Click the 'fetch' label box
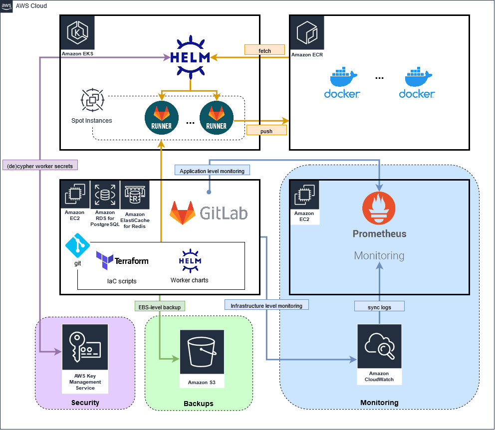(x=264, y=49)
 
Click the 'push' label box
(x=266, y=130)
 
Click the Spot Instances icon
(x=92, y=100)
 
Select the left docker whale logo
(x=342, y=83)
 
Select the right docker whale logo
(x=417, y=83)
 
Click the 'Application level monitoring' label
(x=212, y=171)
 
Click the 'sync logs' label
(x=379, y=307)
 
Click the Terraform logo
(x=122, y=260)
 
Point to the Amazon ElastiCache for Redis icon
(x=134, y=196)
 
